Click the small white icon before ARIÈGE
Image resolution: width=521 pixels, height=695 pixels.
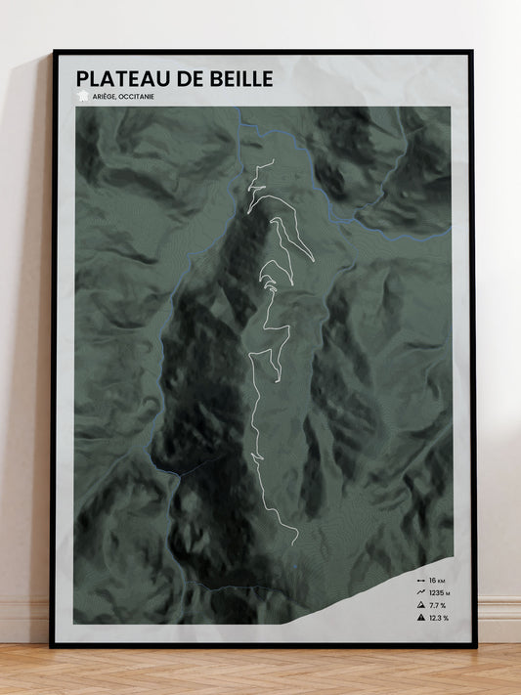(x=83, y=95)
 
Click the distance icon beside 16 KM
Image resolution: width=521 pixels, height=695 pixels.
(x=420, y=580)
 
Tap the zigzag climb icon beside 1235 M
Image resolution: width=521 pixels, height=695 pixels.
(x=420, y=592)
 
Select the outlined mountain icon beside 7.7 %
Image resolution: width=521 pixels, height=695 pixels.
(x=420, y=605)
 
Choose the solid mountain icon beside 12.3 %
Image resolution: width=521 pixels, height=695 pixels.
(x=420, y=618)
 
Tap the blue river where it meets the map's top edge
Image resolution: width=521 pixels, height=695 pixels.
(x=239, y=109)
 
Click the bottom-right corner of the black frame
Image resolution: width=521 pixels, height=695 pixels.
(x=475, y=646)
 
